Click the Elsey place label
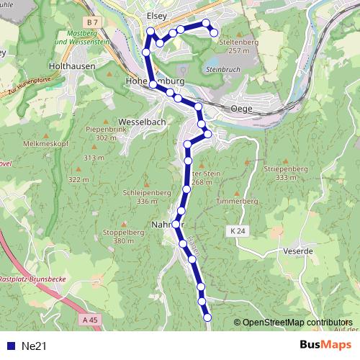156,14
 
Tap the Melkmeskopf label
42,144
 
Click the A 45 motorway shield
89,319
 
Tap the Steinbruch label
220,69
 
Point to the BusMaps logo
328,345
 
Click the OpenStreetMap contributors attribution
295,322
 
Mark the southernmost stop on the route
207,317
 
